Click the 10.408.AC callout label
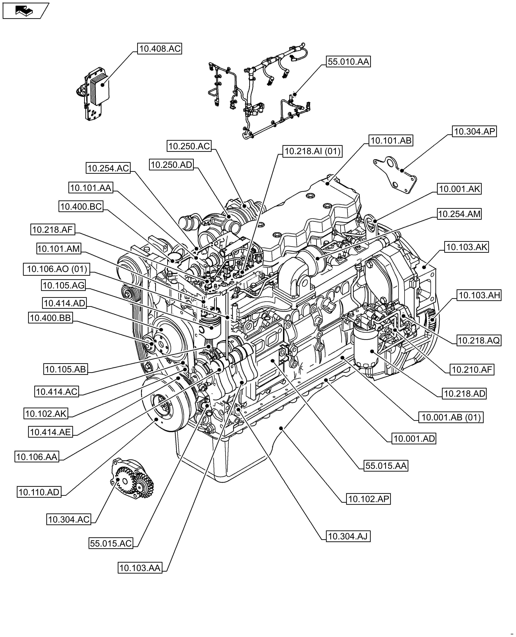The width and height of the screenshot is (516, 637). (x=160, y=48)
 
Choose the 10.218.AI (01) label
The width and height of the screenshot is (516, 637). (x=312, y=151)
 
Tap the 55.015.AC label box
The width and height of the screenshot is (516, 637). (x=111, y=543)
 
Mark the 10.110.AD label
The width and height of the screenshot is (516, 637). (x=39, y=492)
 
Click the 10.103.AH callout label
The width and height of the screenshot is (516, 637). (x=479, y=295)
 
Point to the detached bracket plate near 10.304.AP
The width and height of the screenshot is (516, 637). (x=395, y=175)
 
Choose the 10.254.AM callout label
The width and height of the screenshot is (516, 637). (x=459, y=214)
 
